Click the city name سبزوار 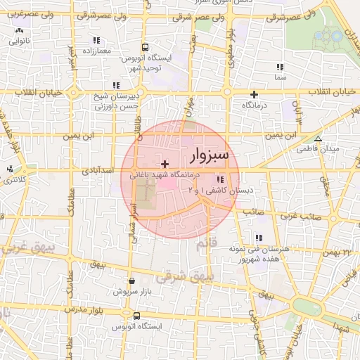[x=215, y=154]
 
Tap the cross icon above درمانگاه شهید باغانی [x=165, y=164]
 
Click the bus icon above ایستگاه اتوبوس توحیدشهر [x=144, y=48]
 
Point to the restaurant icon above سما [x=280, y=67]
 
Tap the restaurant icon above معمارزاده [x=96, y=41]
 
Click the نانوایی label [x=19, y=41]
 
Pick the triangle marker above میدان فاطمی [x=318, y=139]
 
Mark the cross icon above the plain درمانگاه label [x=255, y=94]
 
